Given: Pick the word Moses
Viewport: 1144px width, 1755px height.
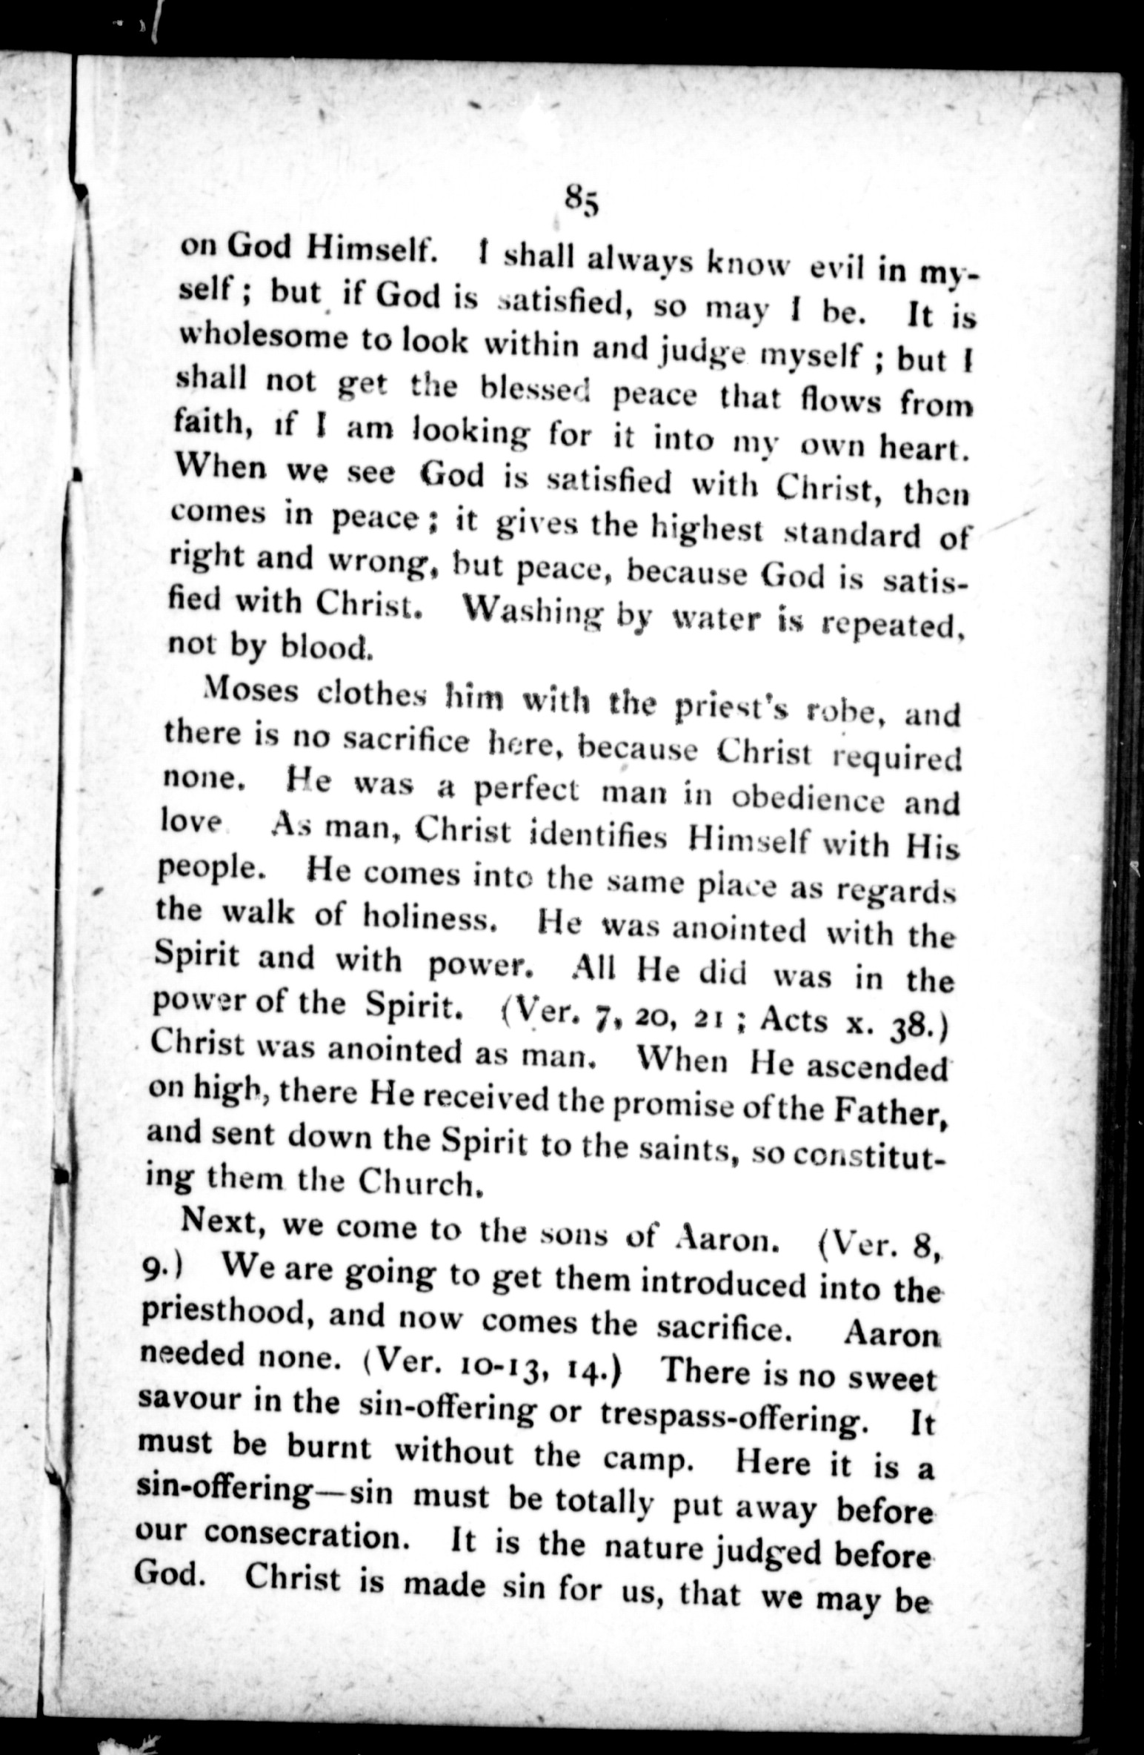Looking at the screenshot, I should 251,693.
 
